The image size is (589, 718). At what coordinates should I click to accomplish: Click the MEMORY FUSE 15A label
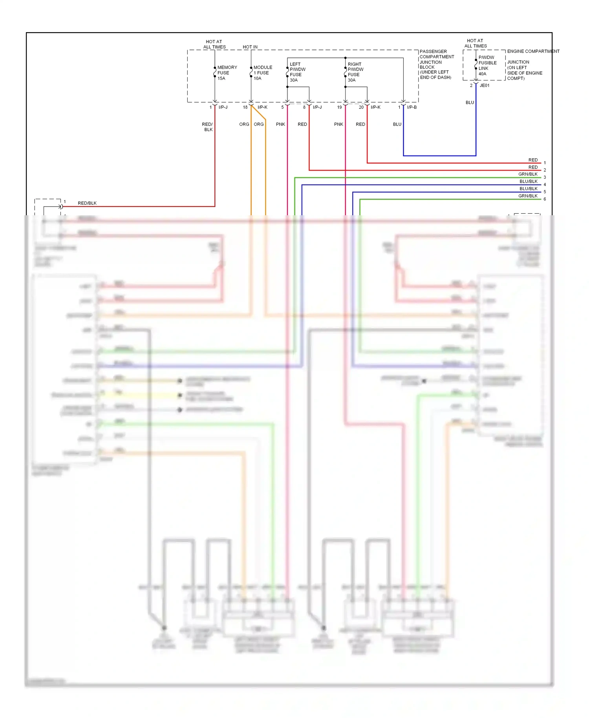click(227, 73)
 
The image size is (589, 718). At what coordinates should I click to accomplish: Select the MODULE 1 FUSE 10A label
click(262, 73)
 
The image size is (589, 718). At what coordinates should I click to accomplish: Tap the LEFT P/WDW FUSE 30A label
click(297, 72)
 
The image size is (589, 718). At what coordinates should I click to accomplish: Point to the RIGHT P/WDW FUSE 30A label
click(355, 72)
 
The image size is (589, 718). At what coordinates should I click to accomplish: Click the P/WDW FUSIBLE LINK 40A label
click(487, 66)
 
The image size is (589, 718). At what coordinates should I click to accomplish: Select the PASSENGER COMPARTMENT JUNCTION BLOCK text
click(436, 64)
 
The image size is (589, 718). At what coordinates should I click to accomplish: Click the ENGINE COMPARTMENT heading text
click(533, 51)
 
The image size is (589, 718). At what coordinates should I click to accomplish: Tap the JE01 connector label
click(485, 86)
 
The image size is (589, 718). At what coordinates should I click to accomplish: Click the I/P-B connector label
click(412, 107)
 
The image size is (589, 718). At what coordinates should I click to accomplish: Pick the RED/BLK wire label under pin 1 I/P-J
click(207, 127)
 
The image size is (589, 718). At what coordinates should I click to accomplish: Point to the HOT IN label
click(250, 47)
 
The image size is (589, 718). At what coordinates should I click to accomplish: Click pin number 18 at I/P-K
click(245, 107)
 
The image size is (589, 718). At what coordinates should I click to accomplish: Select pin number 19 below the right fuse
click(339, 107)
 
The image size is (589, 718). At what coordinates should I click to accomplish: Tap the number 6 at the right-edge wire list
click(545, 199)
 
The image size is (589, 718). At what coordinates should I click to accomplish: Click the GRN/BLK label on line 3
click(528, 174)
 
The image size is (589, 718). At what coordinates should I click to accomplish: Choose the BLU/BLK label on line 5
click(528, 189)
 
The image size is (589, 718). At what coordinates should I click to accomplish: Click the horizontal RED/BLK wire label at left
click(87, 203)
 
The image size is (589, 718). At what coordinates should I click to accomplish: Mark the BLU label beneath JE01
click(470, 103)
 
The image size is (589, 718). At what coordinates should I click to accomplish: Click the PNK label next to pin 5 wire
click(280, 125)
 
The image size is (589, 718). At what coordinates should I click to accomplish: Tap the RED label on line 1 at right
click(533, 160)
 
